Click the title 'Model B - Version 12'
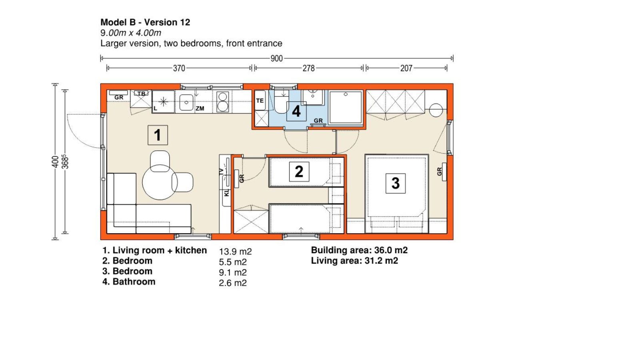pyautogui.click(x=145, y=22)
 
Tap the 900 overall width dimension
pyautogui.click(x=276, y=58)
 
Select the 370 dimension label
pyautogui.click(x=179, y=68)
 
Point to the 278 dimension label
pyautogui.click(x=308, y=68)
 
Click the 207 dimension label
pyautogui.click(x=406, y=68)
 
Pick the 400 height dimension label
pyautogui.click(x=56, y=162)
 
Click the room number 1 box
pyautogui.click(x=158, y=135)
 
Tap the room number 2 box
pyautogui.click(x=299, y=172)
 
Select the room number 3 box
pyautogui.click(x=396, y=183)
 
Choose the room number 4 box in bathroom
pyautogui.click(x=296, y=112)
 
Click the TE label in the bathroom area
pyautogui.click(x=260, y=100)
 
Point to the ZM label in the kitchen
pyautogui.click(x=200, y=108)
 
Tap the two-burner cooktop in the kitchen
pyautogui.click(x=222, y=102)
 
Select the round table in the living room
pyautogui.click(x=160, y=182)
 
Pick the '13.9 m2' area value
pyautogui.click(x=235, y=252)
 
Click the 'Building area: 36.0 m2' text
pyautogui.click(x=359, y=250)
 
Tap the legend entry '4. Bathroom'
pyautogui.click(x=129, y=282)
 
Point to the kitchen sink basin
pyautogui.click(x=186, y=102)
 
